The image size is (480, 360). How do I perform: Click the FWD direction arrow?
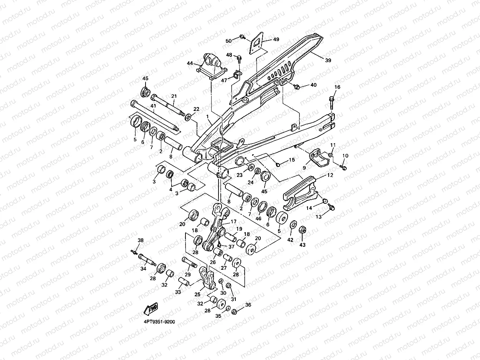[151, 309]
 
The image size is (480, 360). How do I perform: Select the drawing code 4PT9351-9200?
[159, 322]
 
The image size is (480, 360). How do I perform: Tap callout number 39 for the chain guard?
[328, 60]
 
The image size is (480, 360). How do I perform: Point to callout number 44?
[190, 63]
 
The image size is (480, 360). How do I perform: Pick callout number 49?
[276, 40]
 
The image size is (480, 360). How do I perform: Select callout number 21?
[174, 96]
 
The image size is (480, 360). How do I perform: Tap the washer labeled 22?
[188, 117]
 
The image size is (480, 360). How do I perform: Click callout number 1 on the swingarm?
[207, 117]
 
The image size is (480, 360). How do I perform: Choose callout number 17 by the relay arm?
[233, 221]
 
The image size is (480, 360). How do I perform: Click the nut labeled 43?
[303, 230]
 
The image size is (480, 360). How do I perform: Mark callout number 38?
[141, 240]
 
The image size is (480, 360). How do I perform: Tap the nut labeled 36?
[234, 312]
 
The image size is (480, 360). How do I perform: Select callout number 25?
[197, 294]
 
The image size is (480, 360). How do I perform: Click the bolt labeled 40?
[297, 87]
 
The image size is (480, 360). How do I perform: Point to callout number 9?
[304, 168]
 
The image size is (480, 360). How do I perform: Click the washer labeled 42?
[293, 225]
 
